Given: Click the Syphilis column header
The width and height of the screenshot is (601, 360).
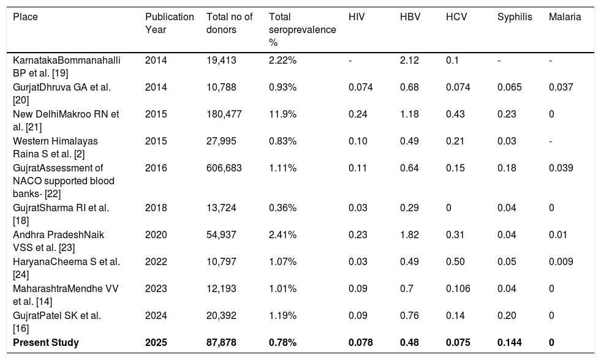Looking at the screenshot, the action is click(x=515, y=17).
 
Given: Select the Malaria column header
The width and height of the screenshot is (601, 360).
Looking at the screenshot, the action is click(x=565, y=17).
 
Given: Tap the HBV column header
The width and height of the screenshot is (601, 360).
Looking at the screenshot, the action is click(x=410, y=17).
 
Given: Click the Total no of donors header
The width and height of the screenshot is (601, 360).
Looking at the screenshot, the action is click(x=229, y=23).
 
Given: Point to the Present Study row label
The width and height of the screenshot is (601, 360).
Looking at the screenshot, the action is click(x=46, y=342).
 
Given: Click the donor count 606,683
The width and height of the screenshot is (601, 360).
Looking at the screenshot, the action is click(x=224, y=168).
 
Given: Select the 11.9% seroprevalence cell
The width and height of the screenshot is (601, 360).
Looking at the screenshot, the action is click(x=282, y=114).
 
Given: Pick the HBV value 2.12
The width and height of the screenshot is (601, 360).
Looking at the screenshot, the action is click(x=409, y=60).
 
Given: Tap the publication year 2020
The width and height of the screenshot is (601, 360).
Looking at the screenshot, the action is click(x=156, y=234).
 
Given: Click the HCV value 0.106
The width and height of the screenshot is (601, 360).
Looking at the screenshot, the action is click(x=458, y=289).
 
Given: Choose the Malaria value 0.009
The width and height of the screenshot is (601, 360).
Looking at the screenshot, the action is click(x=561, y=261).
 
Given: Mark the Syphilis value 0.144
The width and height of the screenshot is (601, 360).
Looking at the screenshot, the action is click(x=509, y=342).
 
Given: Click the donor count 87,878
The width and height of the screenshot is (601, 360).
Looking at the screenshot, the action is click(x=222, y=342).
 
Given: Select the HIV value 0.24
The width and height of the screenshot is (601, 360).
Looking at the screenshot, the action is click(x=358, y=114).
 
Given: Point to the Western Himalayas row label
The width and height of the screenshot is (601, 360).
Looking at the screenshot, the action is click(x=55, y=148).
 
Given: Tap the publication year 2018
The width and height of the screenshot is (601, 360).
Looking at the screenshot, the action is click(x=156, y=208).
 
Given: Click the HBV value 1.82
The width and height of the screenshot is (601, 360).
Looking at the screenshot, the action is click(x=409, y=234).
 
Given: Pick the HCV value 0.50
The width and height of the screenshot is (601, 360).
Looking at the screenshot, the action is click(x=455, y=261).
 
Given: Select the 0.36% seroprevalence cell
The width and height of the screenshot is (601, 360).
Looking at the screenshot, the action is click(x=282, y=208).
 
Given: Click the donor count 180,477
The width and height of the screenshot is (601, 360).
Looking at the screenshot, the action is click(x=224, y=114).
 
